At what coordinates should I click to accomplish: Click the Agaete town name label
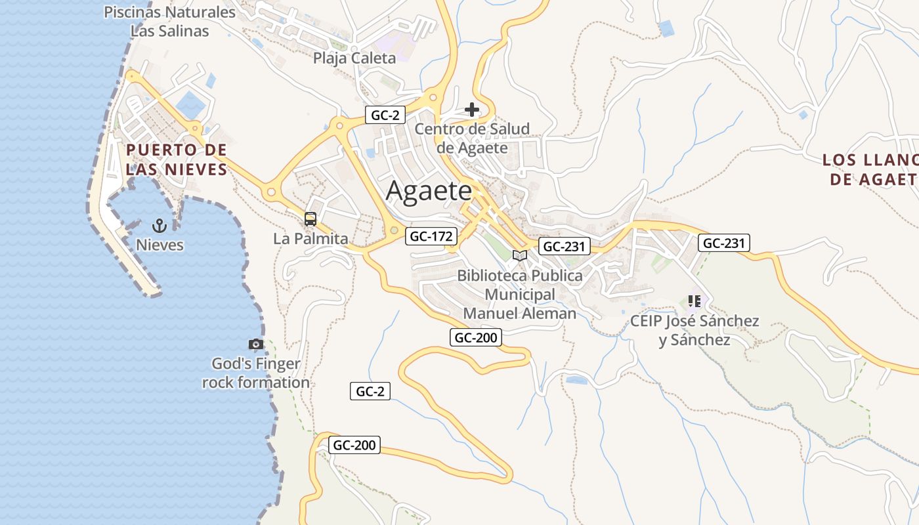click(x=429, y=191)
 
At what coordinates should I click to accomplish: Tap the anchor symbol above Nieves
click(x=160, y=226)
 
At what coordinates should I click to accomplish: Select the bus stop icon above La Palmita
click(x=310, y=219)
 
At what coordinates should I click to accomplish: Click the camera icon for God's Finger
click(x=256, y=344)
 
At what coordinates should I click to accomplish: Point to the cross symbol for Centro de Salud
click(x=471, y=110)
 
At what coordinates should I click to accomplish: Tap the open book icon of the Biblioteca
click(x=519, y=255)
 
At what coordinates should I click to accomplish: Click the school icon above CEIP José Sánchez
click(x=695, y=301)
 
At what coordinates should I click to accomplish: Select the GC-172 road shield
click(x=431, y=236)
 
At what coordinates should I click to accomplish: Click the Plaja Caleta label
click(x=354, y=58)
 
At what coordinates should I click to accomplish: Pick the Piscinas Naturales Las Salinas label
click(x=169, y=21)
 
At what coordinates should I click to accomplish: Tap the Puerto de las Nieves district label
click(x=176, y=159)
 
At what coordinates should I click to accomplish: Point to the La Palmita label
click(x=310, y=239)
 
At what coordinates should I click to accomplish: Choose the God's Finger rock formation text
click(x=256, y=373)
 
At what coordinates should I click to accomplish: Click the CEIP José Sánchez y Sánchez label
click(x=695, y=330)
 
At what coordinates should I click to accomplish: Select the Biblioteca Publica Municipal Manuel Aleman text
click(x=520, y=295)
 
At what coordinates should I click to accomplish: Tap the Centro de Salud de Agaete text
click(x=472, y=138)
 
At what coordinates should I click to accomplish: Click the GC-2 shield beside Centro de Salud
click(x=385, y=115)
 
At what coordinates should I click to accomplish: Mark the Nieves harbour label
click(x=160, y=245)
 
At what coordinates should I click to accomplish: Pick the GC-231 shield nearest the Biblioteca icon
click(x=564, y=246)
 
